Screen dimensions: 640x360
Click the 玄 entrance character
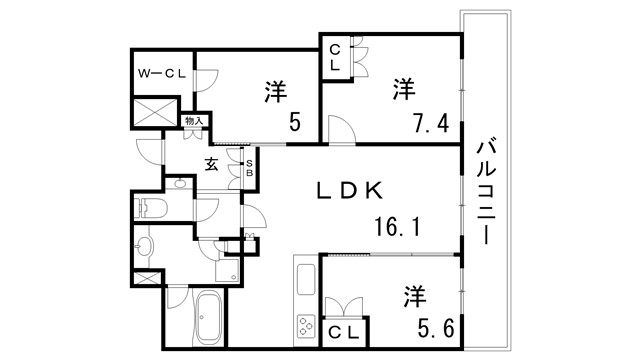[213, 164]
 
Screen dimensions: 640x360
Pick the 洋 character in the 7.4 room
[403, 90]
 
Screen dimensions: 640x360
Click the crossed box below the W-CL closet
[155, 111]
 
